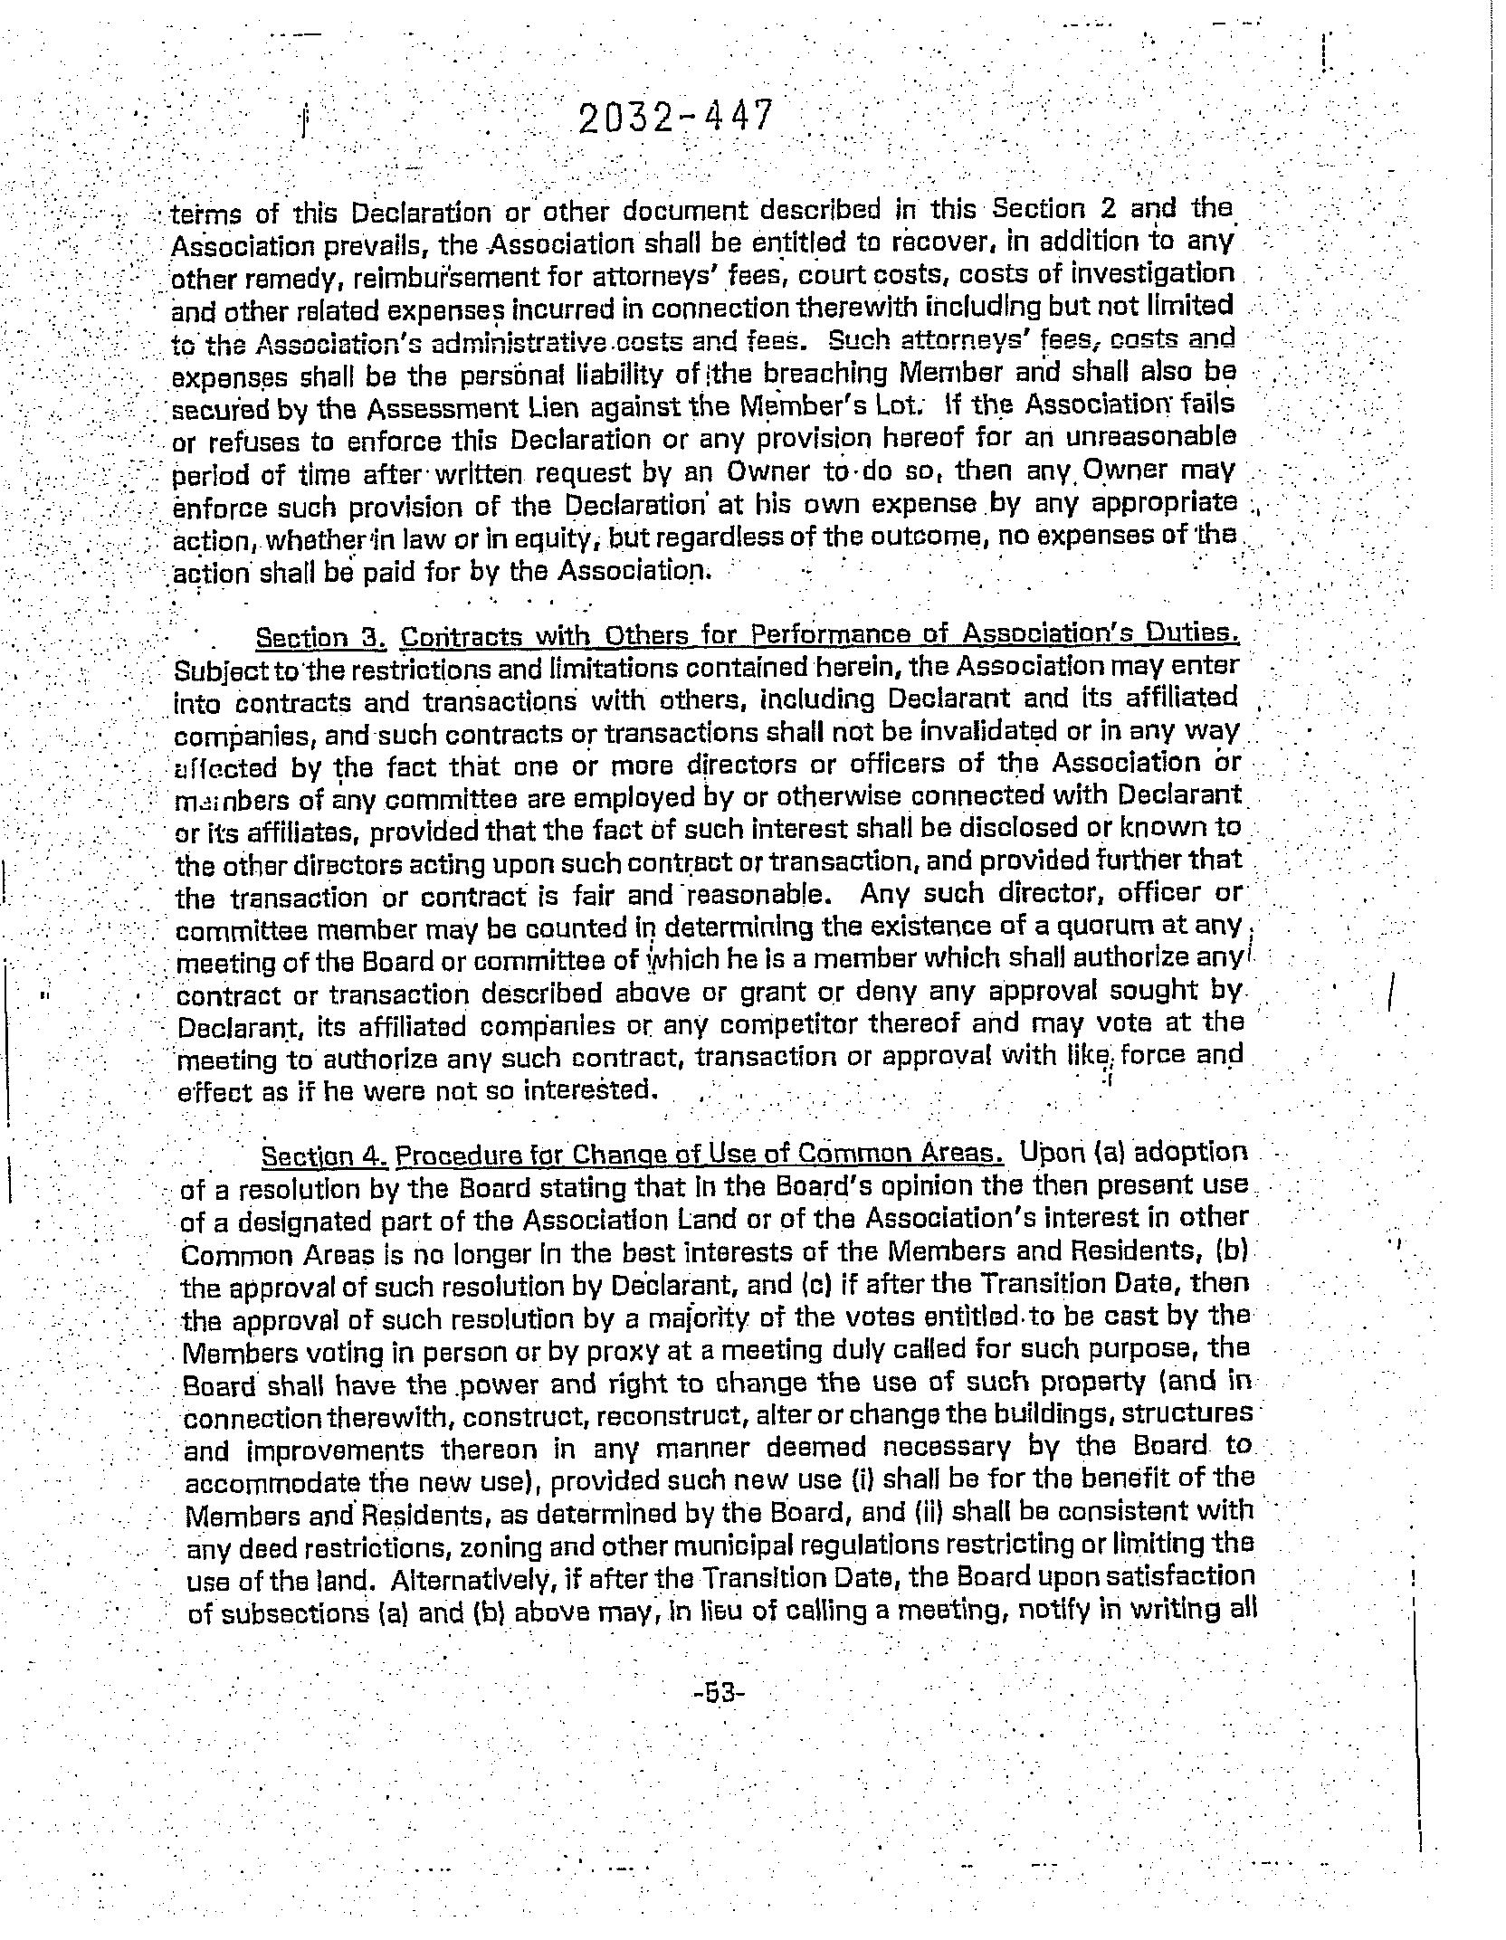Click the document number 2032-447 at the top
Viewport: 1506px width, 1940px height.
pos(676,119)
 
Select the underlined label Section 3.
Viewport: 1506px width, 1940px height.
pos(321,638)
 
